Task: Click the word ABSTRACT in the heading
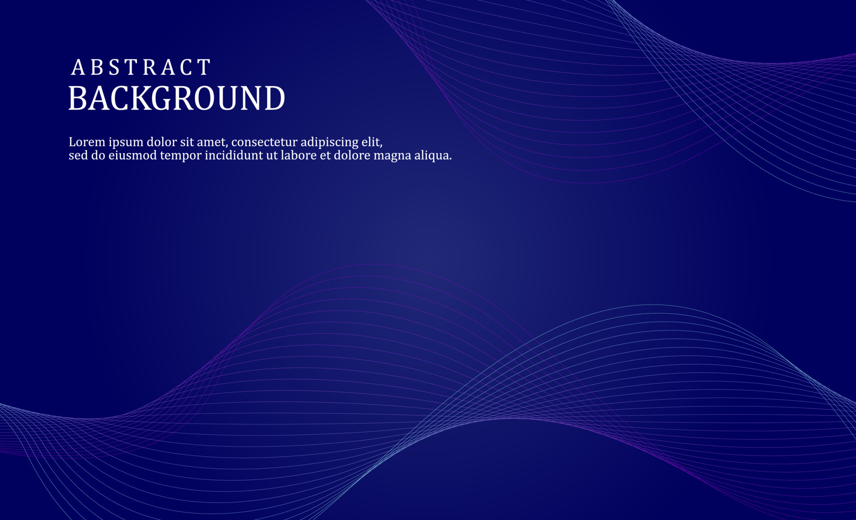click(141, 68)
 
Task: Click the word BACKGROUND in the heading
click(177, 99)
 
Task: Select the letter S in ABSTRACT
click(115, 68)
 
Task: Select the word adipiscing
click(329, 143)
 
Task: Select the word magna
click(392, 156)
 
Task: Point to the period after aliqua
click(450, 159)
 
